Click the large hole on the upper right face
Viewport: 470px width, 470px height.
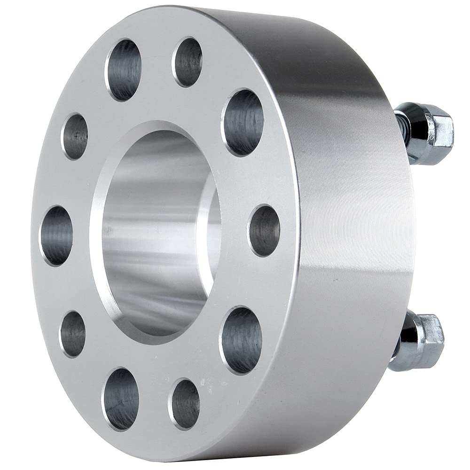(243, 122)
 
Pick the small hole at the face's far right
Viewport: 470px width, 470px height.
(264, 231)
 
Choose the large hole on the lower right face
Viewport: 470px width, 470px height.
(242, 340)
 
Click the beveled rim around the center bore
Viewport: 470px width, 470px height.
(96, 226)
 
